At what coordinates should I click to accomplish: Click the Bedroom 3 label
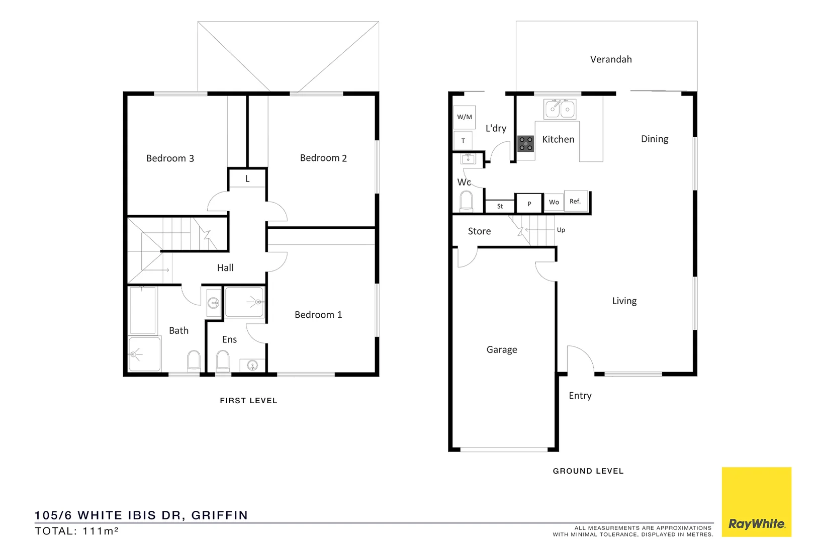[170, 158]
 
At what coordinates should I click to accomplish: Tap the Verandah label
[611, 59]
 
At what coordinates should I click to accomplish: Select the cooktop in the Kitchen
[526, 144]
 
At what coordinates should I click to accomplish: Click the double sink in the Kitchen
[560, 109]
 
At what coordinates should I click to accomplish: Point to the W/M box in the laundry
[465, 117]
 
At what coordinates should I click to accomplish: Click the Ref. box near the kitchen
[576, 201]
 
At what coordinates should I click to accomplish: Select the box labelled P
[529, 204]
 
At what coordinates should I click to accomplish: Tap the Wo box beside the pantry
[554, 202]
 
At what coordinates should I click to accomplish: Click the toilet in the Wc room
[466, 202]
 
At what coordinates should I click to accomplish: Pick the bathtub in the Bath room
[143, 311]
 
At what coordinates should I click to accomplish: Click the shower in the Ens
[244, 302]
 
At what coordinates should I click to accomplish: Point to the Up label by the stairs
[561, 230]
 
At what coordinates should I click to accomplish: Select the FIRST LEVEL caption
[248, 401]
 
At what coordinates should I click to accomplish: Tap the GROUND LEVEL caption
[588, 471]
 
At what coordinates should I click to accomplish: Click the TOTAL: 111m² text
[76, 531]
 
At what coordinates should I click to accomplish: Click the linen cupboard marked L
[247, 178]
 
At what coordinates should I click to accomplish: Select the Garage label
[501, 349]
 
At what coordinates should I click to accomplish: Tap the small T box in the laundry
[463, 141]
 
